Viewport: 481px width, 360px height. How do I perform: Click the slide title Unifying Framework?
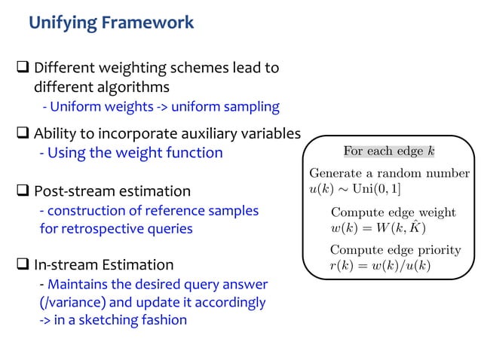coord(111,23)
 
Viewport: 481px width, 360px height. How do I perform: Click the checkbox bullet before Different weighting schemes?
coord(23,69)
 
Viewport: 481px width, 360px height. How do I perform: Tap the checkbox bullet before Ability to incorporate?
coord(23,135)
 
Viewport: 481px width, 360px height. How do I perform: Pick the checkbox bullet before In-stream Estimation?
coord(23,265)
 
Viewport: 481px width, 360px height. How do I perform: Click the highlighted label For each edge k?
coord(388,151)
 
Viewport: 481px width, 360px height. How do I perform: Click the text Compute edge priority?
coord(395,250)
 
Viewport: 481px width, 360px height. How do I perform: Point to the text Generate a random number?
coord(389,173)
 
